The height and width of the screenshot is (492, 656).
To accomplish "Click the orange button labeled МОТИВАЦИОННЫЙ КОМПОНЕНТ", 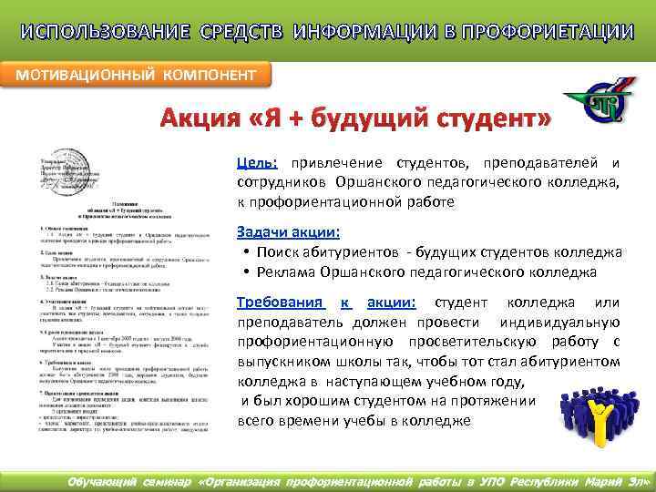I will coord(137,74).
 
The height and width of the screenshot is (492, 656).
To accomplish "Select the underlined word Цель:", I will coord(258,162).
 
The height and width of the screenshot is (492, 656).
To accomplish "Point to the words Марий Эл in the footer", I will coord(619,479).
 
